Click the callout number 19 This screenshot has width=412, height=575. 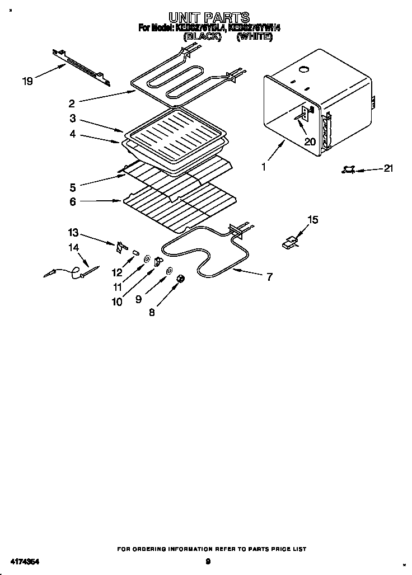coord(27,81)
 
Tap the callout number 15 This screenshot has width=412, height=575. coord(313,220)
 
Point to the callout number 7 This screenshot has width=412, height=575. coord(270,276)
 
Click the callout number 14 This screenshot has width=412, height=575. coord(74,247)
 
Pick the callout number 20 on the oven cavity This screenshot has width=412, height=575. coord(310,142)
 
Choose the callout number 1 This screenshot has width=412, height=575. coord(264,167)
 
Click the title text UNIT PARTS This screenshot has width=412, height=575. coord(208,18)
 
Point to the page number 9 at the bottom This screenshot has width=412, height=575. coord(208,561)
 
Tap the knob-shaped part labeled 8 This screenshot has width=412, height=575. coord(181,279)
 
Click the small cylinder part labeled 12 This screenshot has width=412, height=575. coord(135,253)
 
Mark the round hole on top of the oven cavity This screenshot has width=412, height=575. coord(305,70)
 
